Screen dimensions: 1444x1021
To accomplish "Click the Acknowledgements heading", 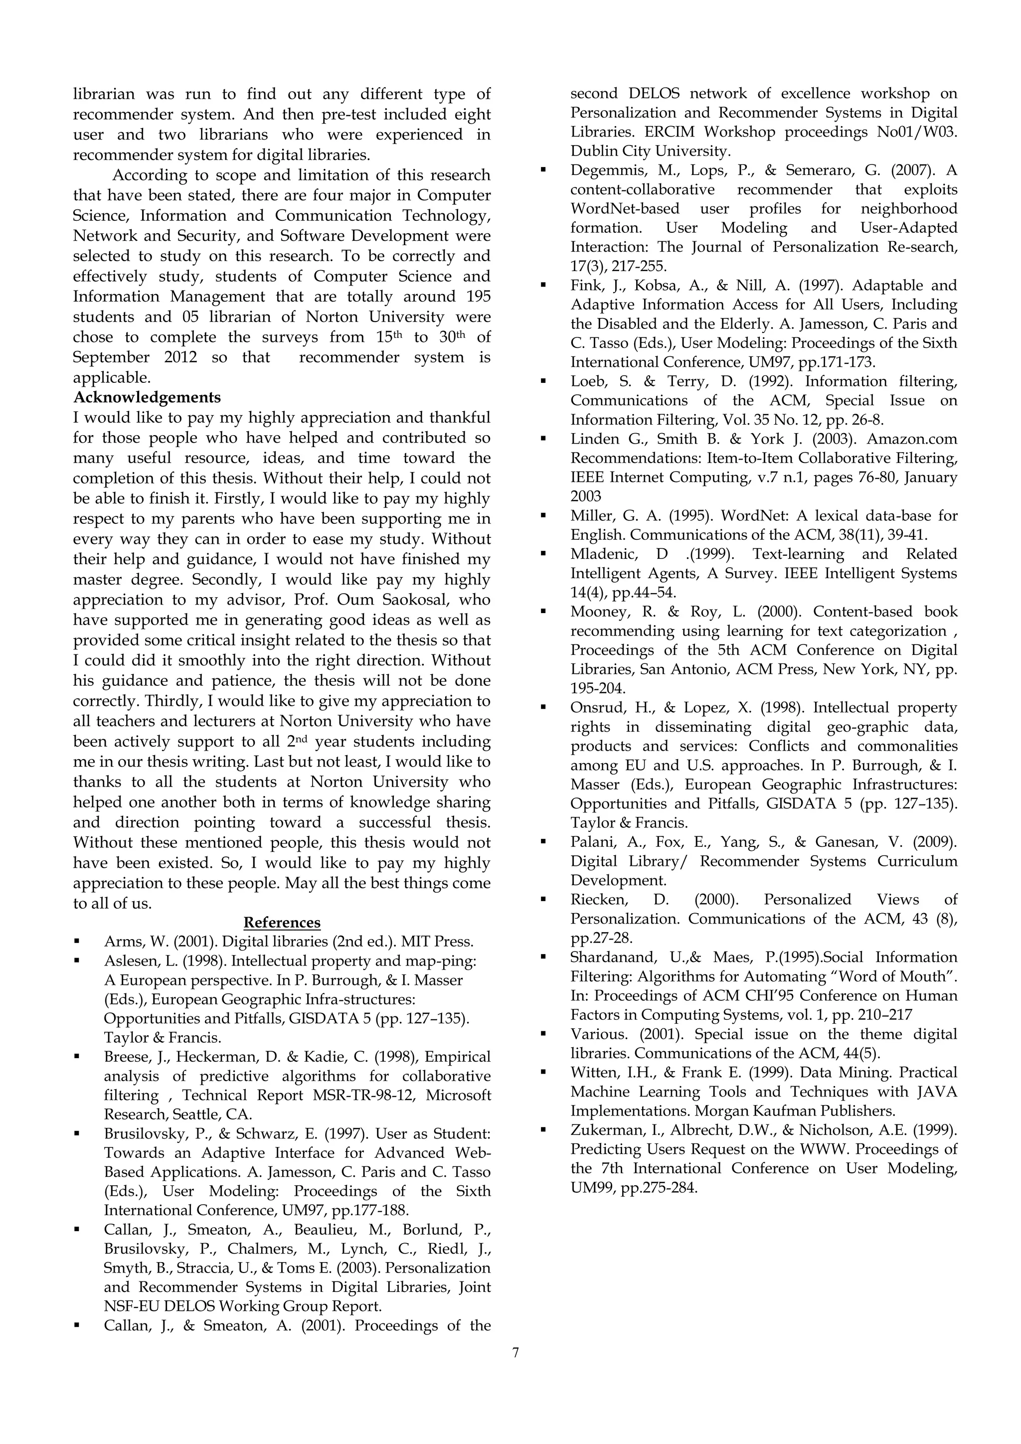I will pyautogui.click(x=147, y=397).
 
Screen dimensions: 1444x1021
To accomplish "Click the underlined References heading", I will pyautogui.click(x=282, y=923).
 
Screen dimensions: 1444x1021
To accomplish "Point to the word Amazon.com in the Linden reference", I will pyautogui.click(x=912, y=439).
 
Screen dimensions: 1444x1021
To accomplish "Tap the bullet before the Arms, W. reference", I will pyautogui.click(x=77, y=942).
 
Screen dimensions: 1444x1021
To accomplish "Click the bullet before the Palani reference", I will pyautogui.click(x=543, y=842).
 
